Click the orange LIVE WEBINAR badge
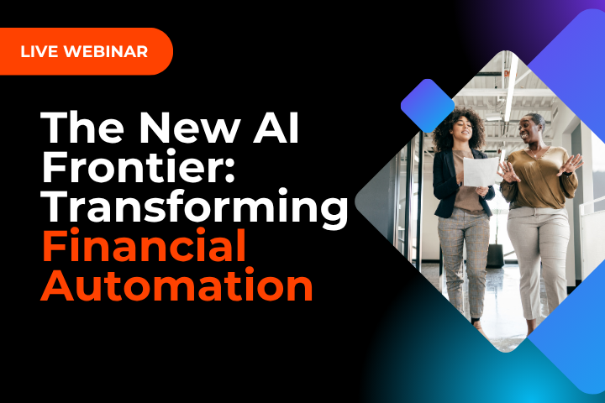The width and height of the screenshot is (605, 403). (x=84, y=51)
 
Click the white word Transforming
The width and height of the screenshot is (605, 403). (x=194, y=207)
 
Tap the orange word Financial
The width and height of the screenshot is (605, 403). (x=143, y=247)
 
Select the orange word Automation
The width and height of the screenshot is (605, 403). (x=176, y=285)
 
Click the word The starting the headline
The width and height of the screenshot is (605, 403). (x=83, y=127)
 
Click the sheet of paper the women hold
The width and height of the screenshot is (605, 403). (x=481, y=172)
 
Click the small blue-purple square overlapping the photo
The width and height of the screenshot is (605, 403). (x=428, y=106)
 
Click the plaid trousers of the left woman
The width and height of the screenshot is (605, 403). (x=460, y=260)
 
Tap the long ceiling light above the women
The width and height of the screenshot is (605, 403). (x=508, y=88)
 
